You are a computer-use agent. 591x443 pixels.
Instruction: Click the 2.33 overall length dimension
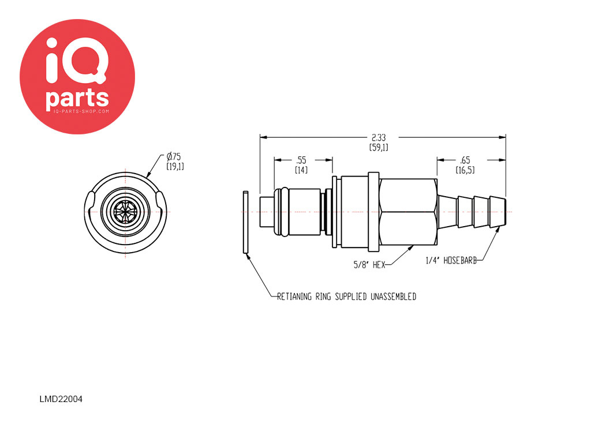point(379,137)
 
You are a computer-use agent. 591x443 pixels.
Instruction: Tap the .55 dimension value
point(301,160)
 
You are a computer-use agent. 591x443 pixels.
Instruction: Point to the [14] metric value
point(301,170)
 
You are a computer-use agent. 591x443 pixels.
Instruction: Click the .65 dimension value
point(465,160)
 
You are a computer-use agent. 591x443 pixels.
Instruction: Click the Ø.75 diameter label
point(173,156)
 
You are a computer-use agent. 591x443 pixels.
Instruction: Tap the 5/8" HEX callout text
point(369,265)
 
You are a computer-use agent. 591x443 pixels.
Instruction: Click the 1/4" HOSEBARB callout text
point(451,260)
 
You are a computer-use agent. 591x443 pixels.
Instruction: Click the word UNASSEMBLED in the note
point(394,297)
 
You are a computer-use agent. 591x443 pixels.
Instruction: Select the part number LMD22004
point(61,399)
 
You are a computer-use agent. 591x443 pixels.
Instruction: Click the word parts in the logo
point(77,98)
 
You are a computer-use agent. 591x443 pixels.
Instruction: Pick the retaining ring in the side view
point(245,222)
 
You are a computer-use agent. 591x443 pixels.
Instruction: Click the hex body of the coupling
point(409,212)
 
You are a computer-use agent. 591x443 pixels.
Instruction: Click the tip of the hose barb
point(505,212)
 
